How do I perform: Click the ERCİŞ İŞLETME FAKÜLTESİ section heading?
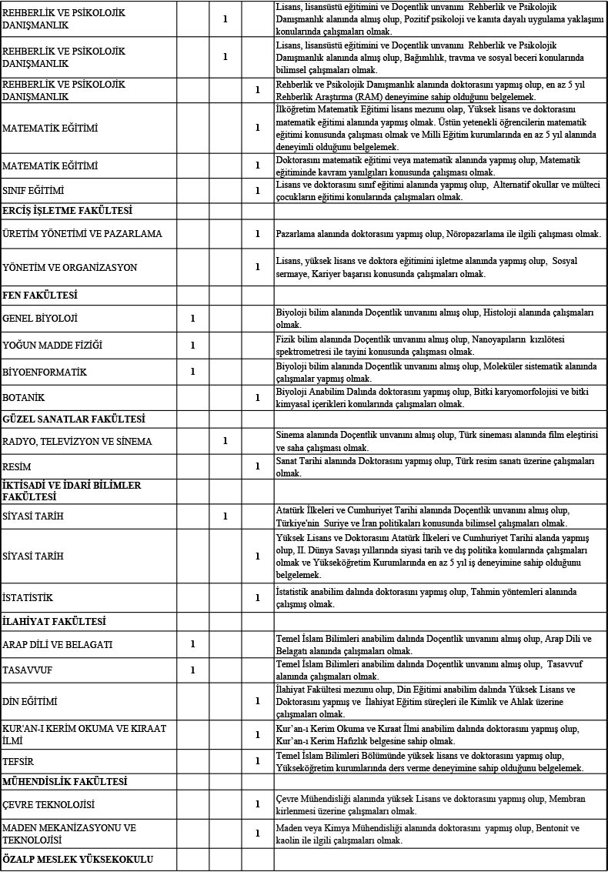coord(68,210)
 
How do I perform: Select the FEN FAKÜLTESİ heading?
coord(40,295)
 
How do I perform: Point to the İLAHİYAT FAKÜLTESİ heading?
coord(54,621)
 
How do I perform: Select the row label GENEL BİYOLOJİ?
coord(40,318)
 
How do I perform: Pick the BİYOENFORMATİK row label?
coord(45,372)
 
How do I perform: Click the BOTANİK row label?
coord(24,398)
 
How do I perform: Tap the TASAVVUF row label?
coord(28,670)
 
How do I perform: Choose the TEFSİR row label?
coord(20,760)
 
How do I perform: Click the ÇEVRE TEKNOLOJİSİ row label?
coord(48,804)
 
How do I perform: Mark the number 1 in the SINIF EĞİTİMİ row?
coord(258,190)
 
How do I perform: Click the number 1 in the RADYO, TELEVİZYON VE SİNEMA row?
coord(225,441)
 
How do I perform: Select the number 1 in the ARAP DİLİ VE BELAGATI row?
coord(193,643)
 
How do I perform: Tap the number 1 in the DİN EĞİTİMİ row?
coord(258,701)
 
